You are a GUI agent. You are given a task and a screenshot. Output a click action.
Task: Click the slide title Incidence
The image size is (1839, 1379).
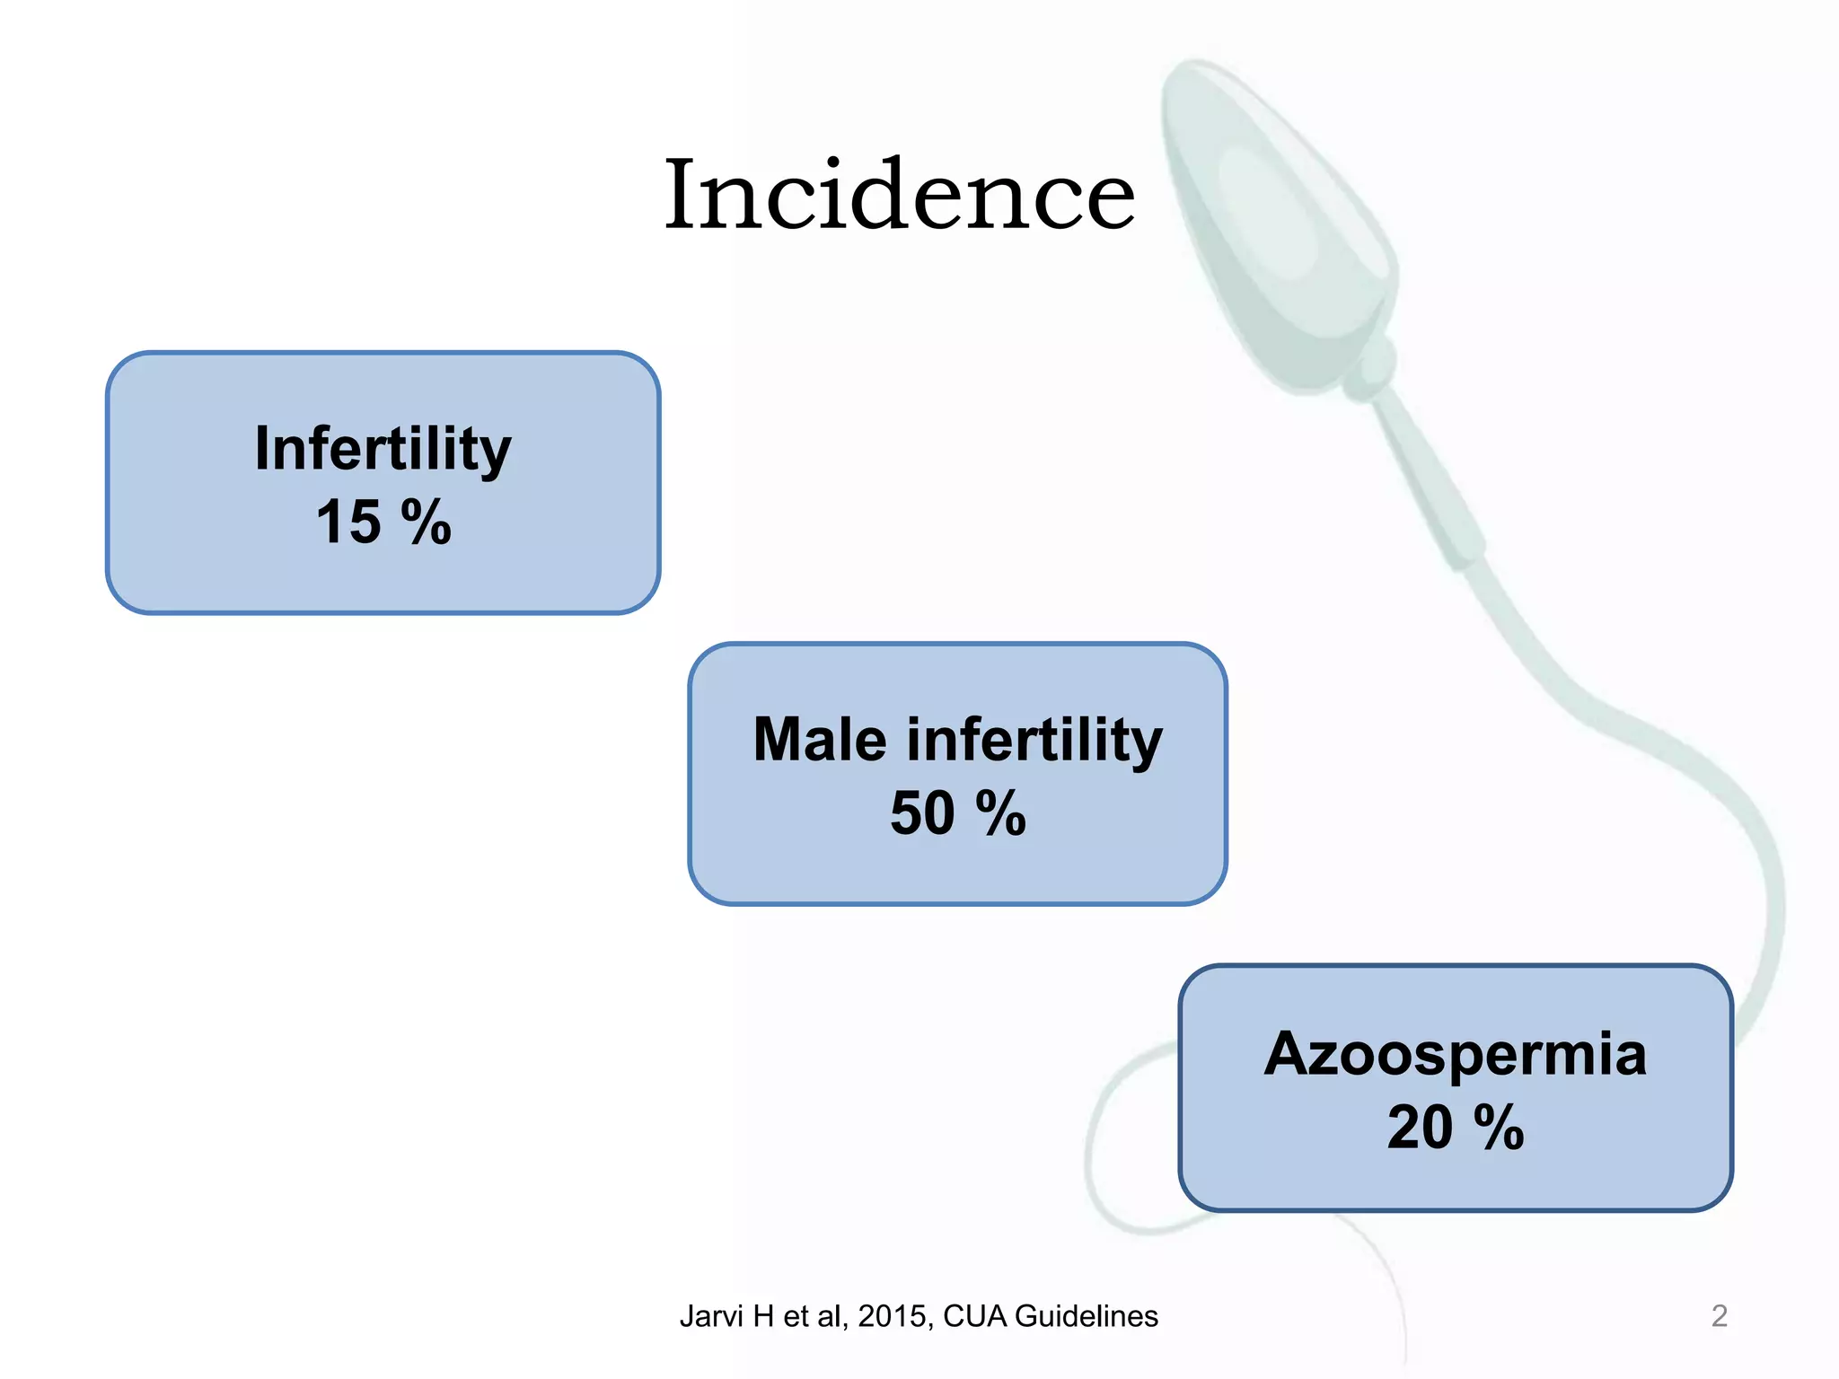point(900,195)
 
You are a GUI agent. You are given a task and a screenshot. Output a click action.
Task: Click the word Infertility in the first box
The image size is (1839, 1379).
point(383,448)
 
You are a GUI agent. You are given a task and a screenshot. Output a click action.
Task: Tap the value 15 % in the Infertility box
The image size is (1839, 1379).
point(383,522)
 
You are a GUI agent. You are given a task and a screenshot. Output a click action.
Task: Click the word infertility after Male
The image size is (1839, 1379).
point(1034,740)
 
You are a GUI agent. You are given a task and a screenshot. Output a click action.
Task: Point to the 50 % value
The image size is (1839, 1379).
point(957,813)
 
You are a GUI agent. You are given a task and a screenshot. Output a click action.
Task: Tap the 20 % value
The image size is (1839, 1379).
point(1455,1128)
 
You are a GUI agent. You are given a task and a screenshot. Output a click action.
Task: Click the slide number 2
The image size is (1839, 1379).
point(1719,1315)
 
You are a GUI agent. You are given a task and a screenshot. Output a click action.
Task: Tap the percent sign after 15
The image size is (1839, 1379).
point(426,522)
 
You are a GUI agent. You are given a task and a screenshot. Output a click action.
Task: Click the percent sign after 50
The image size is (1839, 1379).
point(1000,813)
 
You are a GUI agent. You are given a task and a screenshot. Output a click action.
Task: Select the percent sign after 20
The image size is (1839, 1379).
point(1499,1128)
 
